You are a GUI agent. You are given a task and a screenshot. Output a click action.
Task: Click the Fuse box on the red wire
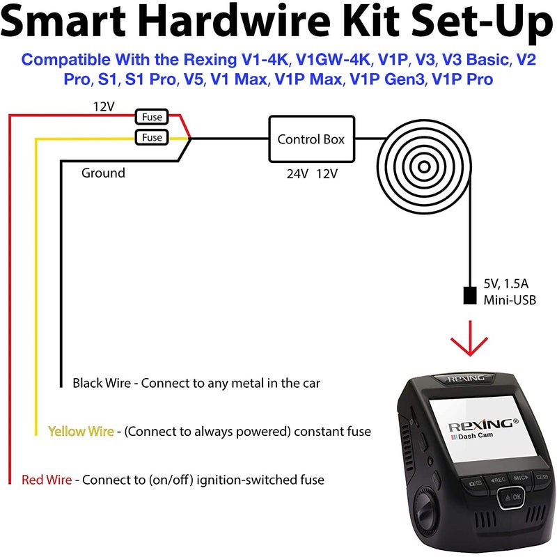152,118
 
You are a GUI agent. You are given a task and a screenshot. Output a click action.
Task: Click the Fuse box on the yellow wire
152,137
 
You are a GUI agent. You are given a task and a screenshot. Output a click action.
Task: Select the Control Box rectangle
311,139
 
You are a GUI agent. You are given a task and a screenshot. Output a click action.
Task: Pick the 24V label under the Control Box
297,173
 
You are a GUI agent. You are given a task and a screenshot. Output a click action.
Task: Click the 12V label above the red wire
104,107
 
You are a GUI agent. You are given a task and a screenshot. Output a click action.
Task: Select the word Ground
103,173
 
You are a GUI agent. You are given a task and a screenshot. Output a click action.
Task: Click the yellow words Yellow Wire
80,432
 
